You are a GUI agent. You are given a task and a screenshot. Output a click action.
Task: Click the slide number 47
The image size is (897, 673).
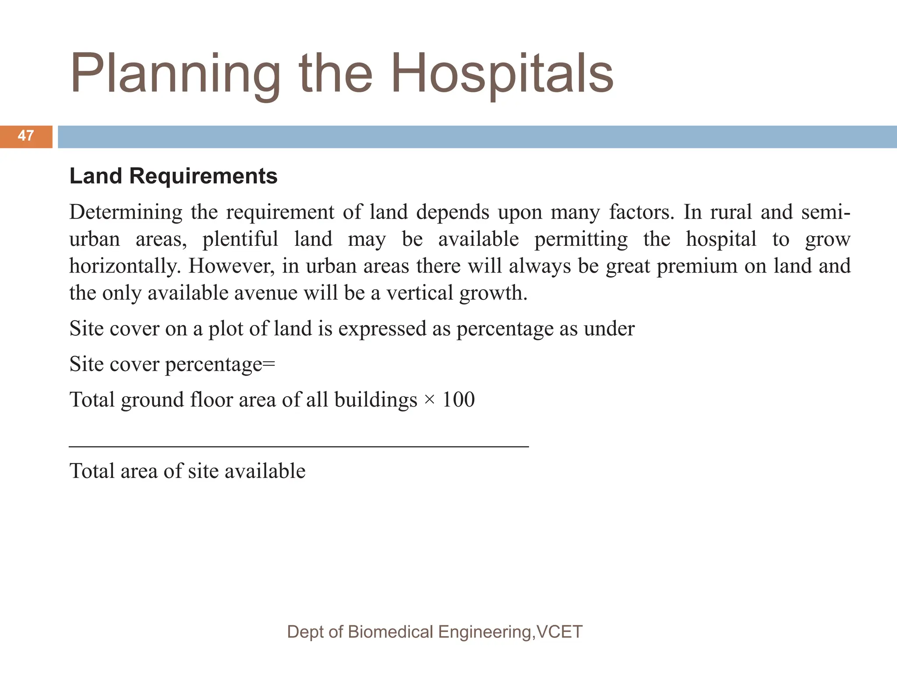pos(26,136)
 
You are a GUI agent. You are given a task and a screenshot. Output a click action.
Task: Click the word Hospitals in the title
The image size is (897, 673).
pos(502,74)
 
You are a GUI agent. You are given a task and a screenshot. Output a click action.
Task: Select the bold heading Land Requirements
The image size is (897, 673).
pos(173,176)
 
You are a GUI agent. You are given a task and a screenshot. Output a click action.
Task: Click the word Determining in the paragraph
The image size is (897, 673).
pos(126,213)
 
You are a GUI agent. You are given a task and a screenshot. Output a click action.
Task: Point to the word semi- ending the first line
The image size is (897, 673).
pos(825,213)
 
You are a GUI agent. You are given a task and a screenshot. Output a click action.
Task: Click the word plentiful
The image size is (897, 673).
pos(240,240)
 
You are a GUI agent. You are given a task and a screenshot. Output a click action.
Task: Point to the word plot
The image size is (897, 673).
pos(226,329)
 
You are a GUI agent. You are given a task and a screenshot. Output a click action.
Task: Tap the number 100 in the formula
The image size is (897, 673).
pos(458,400)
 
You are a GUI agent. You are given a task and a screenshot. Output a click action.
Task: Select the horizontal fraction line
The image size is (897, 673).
pos(299,446)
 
